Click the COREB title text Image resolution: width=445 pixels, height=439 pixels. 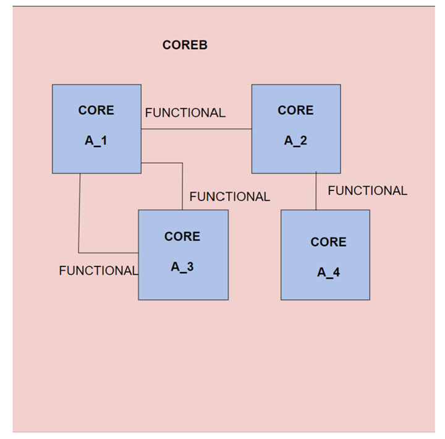tap(185, 45)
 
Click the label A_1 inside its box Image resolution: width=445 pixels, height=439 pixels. tap(96, 140)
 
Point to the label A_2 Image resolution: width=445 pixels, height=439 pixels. tap(295, 140)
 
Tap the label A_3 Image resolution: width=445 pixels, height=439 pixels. tap(182, 267)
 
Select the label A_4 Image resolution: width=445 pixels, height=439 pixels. tap(328, 272)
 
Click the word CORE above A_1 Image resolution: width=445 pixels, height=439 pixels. tap(96, 110)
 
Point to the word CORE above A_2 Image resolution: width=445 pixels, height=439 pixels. tap(295, 110)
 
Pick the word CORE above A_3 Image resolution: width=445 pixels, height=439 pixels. tap(182, 236)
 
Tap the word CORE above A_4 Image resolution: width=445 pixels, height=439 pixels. tap(328, 242)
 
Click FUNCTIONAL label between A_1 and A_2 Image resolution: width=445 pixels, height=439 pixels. tap(185, 113)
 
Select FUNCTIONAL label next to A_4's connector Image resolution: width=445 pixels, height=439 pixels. tap(367, 191)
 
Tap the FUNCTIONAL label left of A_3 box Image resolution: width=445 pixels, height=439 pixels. tap(98, 271)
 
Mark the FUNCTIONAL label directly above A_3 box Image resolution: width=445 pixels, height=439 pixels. tap(229, 197)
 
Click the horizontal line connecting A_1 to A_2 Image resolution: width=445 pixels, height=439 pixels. tap(197, 129)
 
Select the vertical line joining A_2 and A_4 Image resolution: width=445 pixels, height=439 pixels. tap(316, 192)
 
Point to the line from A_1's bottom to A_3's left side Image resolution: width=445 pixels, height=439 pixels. tap(79, 216)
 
